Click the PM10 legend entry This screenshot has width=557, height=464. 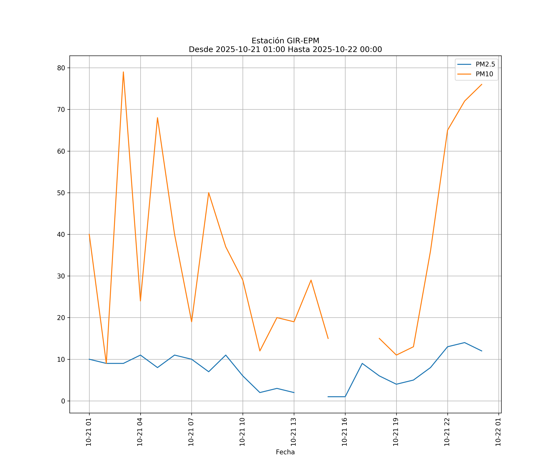pyautogui.click(x=484, y=74)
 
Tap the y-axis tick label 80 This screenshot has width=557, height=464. pyautogui.click(x=61, y=68)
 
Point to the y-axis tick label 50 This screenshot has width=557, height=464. pyautogui.click(x=61, y=193)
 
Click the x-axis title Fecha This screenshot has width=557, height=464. pyautogui.click(x=285, y=452)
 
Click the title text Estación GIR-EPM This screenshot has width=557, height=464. pyautogui.click(x=285, y=41)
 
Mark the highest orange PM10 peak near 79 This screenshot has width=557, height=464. pyautogui.click(x=123, y=72)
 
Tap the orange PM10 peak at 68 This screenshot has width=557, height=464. pyautogui.click(x=158, y=118)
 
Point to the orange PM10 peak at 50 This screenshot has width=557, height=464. pyautogui.click(x=209, y=193)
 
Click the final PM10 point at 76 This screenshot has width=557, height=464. pyautogui.click(x=482, y=84)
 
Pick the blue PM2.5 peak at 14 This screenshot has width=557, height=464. pyautogui.click(x=465, y=343)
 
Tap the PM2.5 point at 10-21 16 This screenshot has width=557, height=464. pyautogui.click(x=345, y=397)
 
